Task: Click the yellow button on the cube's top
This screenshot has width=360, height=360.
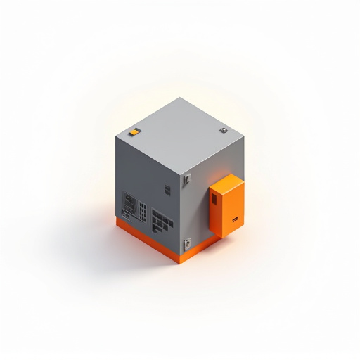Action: tap(134, 131)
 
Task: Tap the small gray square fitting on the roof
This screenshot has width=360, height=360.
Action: tap(224, 130)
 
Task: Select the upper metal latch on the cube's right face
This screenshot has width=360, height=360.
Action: tap(187, 179)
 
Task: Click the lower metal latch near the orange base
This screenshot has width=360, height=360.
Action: tap(187, 244)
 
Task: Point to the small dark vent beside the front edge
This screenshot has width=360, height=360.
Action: tap(167, 189)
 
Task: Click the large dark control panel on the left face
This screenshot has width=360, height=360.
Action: tap(130, 204)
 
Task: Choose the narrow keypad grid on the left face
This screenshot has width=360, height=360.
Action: tap(143, 211)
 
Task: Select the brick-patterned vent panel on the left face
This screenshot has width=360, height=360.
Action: tap(162, 221)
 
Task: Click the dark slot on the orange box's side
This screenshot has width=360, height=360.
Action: tap(214, 200)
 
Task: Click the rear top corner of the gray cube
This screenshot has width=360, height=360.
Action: tap(180, 98)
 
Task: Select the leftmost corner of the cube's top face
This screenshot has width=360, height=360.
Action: tap(116, 136)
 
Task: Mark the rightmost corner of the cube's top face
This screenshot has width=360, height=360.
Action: tap(243, 136)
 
